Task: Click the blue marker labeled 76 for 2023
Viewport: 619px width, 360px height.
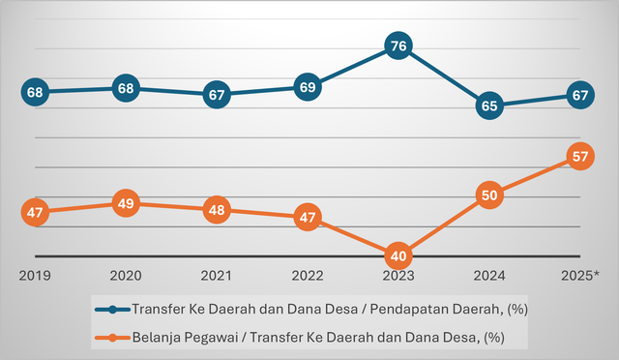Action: click(x=398, y=46)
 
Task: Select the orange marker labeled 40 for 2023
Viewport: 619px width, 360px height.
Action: click(x=398, y=256)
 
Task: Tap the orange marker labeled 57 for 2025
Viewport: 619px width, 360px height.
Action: click(x=579, y=156)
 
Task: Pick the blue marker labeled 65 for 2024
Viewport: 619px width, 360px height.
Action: click(x=488, y=105)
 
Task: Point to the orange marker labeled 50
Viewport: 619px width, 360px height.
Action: click(x=488, y=195)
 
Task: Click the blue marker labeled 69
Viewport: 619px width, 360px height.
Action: click(x=307, y=87)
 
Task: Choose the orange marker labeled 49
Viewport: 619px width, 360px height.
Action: click(x=126, y=203)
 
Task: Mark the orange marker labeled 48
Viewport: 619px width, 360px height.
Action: click(x=217, y=210)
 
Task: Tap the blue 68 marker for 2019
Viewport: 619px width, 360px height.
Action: click(x=35, y=93)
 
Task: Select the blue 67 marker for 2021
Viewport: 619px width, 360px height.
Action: click(x=217, y=95)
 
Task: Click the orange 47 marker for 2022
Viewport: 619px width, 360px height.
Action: click(x=307, y=218)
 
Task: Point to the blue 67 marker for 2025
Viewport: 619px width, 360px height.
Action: click(x=579, y=95)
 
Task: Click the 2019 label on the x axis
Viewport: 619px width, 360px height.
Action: click(x=35, y=276)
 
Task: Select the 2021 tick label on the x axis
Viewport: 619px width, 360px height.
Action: click(x=217, y=276)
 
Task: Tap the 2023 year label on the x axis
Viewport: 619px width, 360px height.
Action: click(x=398, y=276)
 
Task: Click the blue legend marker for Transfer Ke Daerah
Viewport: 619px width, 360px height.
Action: click(x=113, y=310)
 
